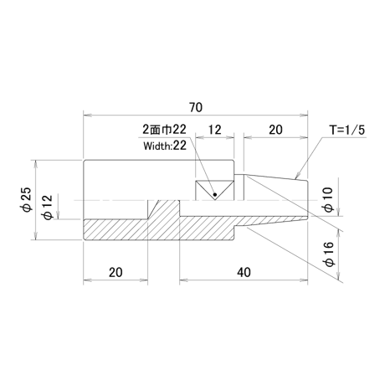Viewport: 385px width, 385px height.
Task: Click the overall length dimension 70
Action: [196, 107]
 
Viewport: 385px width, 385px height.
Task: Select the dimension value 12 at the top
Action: [214, 130]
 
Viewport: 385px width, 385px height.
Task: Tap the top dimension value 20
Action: [275, 130]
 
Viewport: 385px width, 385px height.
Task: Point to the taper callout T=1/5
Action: [347, 130]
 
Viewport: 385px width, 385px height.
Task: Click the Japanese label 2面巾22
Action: [164, 130]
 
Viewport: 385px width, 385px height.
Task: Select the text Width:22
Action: [165, 146]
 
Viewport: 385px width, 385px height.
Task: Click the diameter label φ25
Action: [28, 199]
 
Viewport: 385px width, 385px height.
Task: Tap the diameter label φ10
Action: [328, 200]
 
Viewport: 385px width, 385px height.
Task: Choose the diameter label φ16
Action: [329, 254]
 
